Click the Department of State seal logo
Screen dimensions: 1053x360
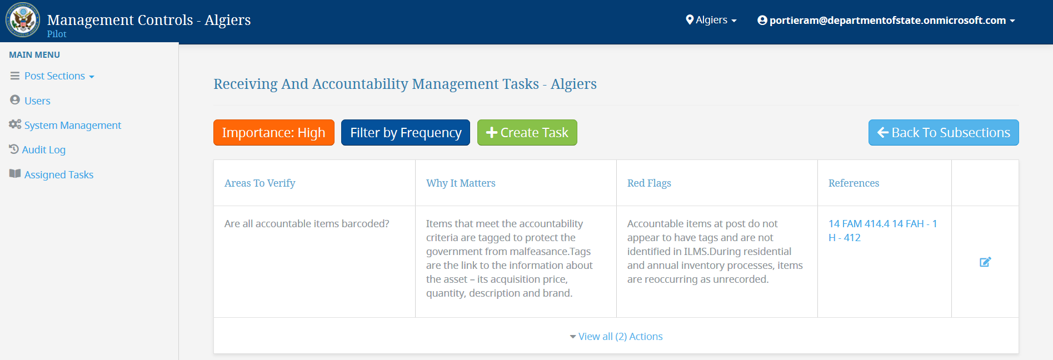(x=23, y=20)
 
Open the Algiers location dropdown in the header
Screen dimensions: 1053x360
(x=711, y=20)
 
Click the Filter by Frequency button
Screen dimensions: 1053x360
(x=406, y=133)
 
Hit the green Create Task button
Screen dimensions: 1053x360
(x=527, y=133)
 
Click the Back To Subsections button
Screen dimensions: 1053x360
(x=944, y=133)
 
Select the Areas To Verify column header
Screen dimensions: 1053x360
(x=260, y=183)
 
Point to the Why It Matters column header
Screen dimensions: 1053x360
(x=461, y=183)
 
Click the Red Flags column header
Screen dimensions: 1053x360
(x=649, y=183)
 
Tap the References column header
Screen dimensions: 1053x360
(x=854, y=183)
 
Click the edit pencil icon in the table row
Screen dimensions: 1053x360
(x=985, y=262)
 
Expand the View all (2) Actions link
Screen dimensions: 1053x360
(x=616, y=337)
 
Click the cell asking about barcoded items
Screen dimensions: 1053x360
(x=307, y=224)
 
